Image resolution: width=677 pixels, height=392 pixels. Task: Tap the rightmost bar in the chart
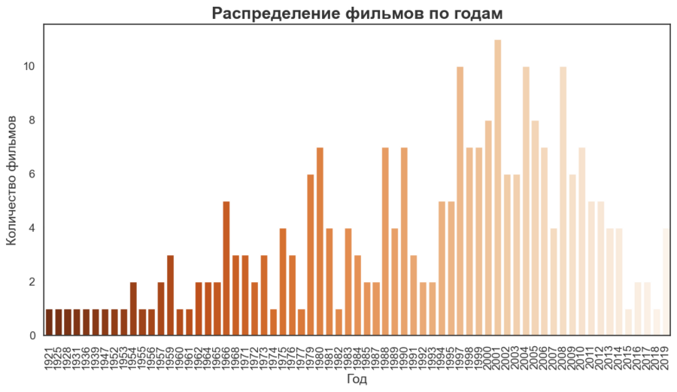coord(665,281)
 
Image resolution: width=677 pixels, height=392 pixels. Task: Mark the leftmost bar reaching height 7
coord(319,241)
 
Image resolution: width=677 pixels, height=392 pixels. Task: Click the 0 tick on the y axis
coord(32,336)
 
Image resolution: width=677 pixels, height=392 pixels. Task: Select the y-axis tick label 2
coord(32,282)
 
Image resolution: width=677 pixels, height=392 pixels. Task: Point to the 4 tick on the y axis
coord(32,228)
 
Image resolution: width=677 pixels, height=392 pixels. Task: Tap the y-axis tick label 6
coord(32,175)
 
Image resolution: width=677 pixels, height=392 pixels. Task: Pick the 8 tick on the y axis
coord(32,120)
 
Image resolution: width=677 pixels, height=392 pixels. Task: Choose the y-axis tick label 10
coord(29,67)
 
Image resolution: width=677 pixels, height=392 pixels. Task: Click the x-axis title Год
coord(357,381)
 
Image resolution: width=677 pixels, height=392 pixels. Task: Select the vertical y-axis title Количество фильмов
coord(11,181)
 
